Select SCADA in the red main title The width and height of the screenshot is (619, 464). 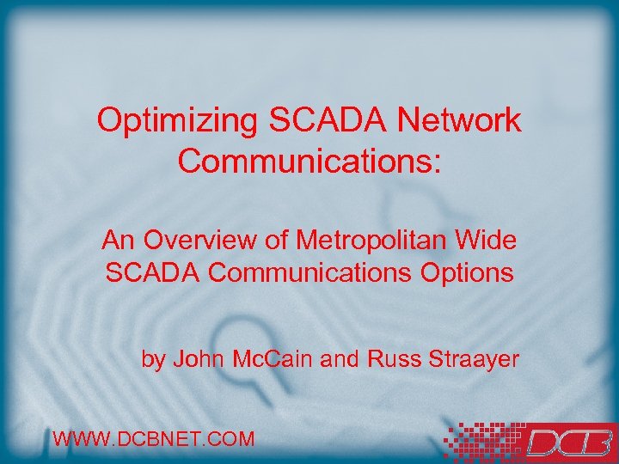(322, 120)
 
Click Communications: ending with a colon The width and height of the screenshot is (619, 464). (309, 162)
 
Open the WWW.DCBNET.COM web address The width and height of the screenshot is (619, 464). (154, 439)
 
